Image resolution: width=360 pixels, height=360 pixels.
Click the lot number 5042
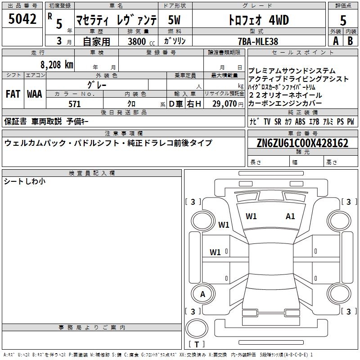click(22, 19)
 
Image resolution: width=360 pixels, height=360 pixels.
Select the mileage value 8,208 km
click(57, 65)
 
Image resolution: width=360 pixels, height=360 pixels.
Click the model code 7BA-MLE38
click(258, 41)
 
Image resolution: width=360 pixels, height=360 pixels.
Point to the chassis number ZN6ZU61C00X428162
click(302, 143)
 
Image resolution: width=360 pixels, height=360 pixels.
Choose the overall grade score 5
click(343, 21)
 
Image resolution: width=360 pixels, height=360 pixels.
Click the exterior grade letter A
click(336, 41)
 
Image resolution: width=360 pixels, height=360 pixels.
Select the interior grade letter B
click(350, 41)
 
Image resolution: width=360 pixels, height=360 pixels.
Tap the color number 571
click(75, 104)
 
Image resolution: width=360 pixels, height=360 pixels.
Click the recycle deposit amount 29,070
click(224, 104)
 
